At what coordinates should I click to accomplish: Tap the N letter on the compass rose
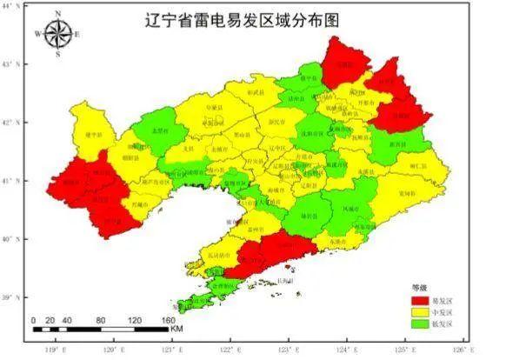58,14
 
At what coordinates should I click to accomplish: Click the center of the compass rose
58,34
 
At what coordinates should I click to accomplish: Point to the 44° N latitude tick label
11,6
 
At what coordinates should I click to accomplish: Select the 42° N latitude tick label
11,123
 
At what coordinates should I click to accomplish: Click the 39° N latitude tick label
11,297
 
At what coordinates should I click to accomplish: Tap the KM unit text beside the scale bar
176,330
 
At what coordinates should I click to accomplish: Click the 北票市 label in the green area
159,130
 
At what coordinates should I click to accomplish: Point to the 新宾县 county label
397,143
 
